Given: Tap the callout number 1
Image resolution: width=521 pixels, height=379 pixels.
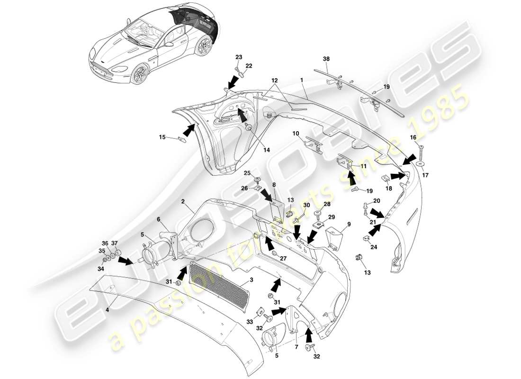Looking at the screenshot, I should tap(301, 81).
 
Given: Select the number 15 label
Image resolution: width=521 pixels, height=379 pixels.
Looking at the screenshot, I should tap(162, 137).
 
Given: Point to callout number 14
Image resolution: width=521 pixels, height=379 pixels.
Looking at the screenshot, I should tap(267, 150).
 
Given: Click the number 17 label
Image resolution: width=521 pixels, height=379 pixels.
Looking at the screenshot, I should tap(425, 175).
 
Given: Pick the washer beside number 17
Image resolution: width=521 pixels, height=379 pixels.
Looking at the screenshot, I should tap(420, 164).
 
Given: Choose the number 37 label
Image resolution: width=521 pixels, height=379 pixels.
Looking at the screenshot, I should tap(114, 244).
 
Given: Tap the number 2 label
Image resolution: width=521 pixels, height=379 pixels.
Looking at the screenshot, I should tap(183, 201).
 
